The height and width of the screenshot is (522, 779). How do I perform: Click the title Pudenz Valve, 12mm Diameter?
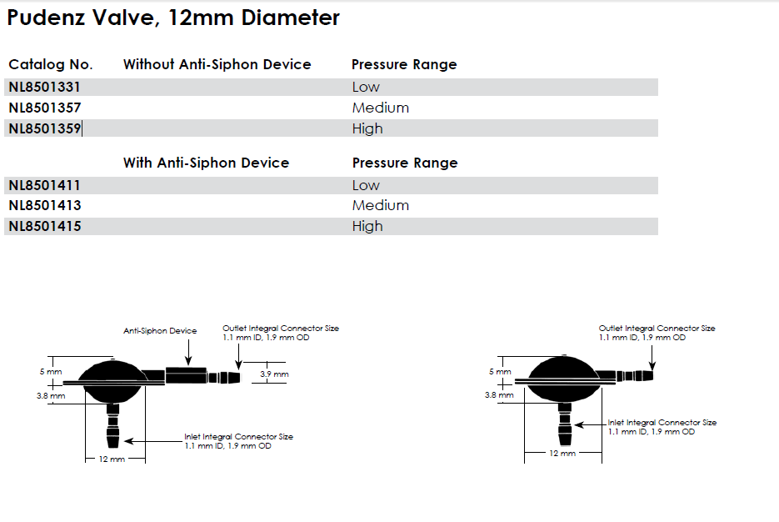click(173, 18)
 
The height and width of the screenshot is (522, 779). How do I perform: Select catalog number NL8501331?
click(44, 87)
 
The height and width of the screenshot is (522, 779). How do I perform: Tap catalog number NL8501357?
click(44, 108)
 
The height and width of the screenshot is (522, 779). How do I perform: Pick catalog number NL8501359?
click(44, 128)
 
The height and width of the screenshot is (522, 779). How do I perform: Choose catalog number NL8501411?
click(44, 185)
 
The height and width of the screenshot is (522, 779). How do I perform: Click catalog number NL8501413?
click(44, 205)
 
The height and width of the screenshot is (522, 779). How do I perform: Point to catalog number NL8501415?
click(44, 226)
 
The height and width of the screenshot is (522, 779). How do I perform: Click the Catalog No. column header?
click(51, 64)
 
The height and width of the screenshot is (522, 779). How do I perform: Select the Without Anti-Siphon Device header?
click(217, 64)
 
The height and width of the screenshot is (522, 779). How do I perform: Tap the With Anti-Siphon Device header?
click(206, 163)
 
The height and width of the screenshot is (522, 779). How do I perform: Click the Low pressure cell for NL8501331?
click(366, 87)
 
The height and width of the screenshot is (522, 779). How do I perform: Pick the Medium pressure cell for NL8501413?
click(380, 205)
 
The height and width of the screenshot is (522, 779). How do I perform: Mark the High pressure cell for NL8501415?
click(367, 226)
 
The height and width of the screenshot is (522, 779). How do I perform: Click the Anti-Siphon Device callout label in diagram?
click(160, 331)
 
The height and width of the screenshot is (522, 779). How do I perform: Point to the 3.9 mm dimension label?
click(274, 375)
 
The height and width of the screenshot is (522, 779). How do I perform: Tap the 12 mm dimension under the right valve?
click(562, 454)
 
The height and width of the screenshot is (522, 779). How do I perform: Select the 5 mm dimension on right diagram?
click(497, 372)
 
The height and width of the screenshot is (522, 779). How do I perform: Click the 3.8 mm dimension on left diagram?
click(51, 396)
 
